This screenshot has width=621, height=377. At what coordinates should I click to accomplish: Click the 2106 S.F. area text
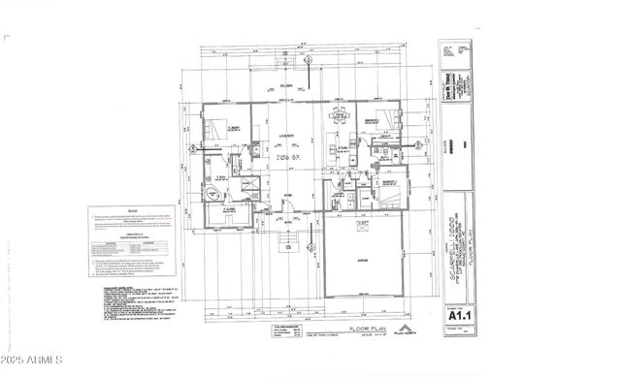coord(289,155)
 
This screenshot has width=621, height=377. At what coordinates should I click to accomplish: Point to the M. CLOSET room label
coord(230,209)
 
